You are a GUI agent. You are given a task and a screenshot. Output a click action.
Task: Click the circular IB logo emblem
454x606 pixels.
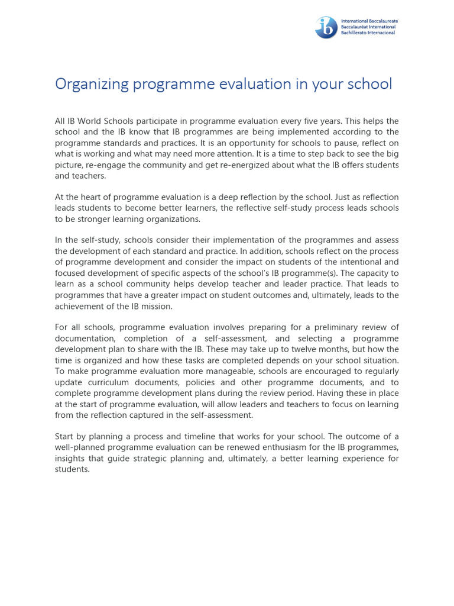click(326, 27)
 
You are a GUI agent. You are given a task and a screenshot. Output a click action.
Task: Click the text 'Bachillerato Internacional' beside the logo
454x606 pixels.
click(369, 33)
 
